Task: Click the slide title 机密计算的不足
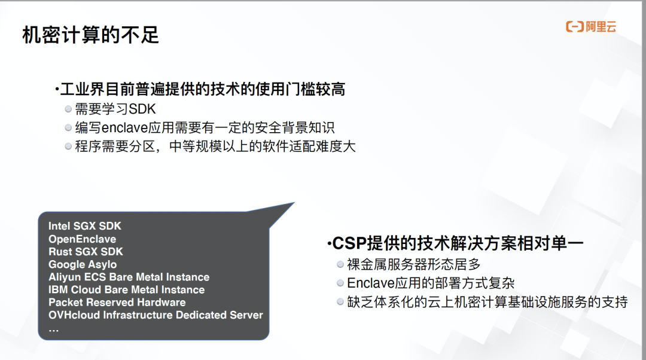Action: tap(90, 35)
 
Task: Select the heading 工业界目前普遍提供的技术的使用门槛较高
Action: tap(203, 90)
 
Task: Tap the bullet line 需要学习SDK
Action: tap(115, 109)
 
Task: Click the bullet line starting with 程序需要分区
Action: tap(215, 147)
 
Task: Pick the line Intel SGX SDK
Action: tap(85, 226)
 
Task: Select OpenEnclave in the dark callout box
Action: tap(83, 239)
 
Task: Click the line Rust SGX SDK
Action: tap(86, 252)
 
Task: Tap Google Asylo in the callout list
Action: tap(83, 264)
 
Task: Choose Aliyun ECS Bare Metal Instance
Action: tap(129, 277)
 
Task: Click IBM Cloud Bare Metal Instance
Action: tap(127, 290)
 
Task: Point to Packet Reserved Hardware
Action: tap(117, 303)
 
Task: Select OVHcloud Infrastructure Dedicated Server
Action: tap(156, 315)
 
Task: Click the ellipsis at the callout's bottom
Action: tap(54, 329)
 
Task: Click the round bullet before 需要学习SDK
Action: tap(68, 109)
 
